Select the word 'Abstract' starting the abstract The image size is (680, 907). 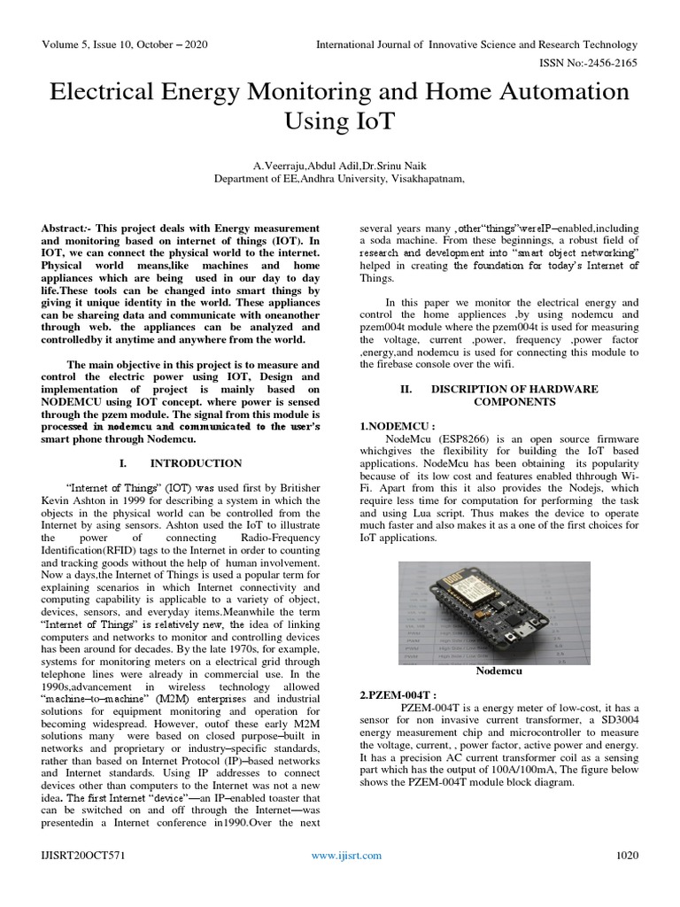tap(66, 228)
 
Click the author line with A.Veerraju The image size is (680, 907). tap(339, 164)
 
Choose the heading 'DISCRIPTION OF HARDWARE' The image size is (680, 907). tap(514, 389)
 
